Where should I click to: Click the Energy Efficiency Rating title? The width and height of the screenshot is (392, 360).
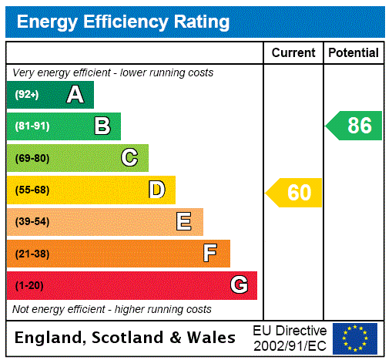click(x=123, y=22)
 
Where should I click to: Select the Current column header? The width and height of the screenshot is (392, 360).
click(x=293, y=53)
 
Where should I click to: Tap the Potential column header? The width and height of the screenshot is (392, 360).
click(x=353, y=53)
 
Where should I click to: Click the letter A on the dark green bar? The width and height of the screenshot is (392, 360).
click(x=75, y=95)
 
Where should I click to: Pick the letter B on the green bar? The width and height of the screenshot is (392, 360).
click(x=102, y=126)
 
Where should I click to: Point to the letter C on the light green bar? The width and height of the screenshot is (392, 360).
click(x=129, y=158)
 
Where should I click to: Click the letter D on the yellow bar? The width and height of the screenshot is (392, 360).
click(x=157, y=190)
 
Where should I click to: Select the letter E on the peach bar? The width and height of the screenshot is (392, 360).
click(x=184, y=222)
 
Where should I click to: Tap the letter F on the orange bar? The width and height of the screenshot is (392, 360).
click(x=210, y=254)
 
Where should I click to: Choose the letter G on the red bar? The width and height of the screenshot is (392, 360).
click(x=239, y=285)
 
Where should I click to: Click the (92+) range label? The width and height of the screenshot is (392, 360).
click(x=26, y=95)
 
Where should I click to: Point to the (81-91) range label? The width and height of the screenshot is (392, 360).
click(x=32, y=126)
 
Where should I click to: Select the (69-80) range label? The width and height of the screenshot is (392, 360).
click(x=32, y=158)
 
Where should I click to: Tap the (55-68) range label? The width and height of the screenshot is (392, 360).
click(x=32, y=190)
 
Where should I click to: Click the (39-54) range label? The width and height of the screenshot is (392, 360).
click(x=32, y=222)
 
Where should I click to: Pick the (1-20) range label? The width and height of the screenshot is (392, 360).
click(x=28, y=285)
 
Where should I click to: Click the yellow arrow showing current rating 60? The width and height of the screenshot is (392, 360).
click(x=294, y=193)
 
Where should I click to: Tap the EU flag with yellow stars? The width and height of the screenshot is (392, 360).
click(x=355, y=338)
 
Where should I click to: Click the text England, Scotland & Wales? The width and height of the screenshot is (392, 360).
click(x=126, y=338)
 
